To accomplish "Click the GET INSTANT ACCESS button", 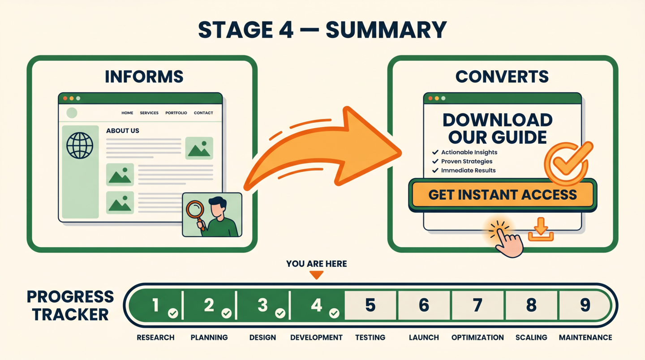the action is click(503, 195).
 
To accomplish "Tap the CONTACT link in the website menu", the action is click(203, 113).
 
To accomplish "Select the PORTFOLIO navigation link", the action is click(176, 113).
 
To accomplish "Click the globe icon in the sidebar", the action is click(80, 146).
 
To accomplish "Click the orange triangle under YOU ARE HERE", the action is click(316, 275).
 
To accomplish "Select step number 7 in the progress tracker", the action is click(477, 305).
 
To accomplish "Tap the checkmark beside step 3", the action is click(280, 313).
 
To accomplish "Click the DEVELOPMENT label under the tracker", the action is click(316, 337).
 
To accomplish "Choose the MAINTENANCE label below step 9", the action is click(585, 337).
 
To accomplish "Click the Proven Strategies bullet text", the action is click(467, 161).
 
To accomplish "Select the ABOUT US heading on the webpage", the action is click(123, 131).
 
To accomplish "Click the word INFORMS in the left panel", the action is click(144, 77).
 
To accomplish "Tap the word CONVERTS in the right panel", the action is click(502, 77).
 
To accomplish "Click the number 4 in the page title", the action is click(286, 30).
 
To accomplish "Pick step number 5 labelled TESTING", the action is click(370, 305).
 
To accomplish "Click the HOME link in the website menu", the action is click(127, 113).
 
